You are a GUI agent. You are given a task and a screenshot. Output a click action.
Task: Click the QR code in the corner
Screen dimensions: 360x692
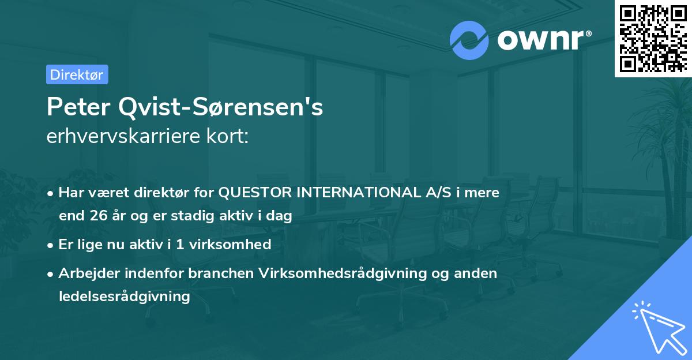click(x=652, y=39)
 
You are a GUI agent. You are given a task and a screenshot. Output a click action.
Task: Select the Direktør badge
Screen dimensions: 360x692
click(x=77, y=74)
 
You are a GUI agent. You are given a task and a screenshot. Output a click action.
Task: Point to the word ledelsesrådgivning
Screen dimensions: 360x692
click(x=124, y=297)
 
